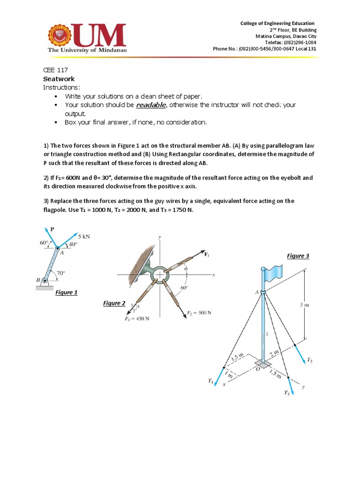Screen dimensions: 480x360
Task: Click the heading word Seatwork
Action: [x=59, y=79]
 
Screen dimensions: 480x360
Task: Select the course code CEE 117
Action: [x=56, y=70]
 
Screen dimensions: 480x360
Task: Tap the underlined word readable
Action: [x=150, y=105]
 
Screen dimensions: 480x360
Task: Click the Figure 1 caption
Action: [x=66, y=292]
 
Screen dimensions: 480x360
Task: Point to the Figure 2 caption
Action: [x=114, y=303]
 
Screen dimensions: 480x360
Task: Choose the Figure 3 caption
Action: [x=298, y=256]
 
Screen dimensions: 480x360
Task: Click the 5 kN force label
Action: [x=83, y=237]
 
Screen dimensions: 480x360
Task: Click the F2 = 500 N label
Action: [x=200, y=313]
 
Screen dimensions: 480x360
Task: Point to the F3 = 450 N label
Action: [x=137, y=319]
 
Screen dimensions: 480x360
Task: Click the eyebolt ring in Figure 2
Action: [x=160, y=274]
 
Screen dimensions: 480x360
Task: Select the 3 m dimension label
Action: [x=304, y=305]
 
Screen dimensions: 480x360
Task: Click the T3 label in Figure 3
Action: [x=309, y=360]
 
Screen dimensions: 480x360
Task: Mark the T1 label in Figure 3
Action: [x=210, y=381]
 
